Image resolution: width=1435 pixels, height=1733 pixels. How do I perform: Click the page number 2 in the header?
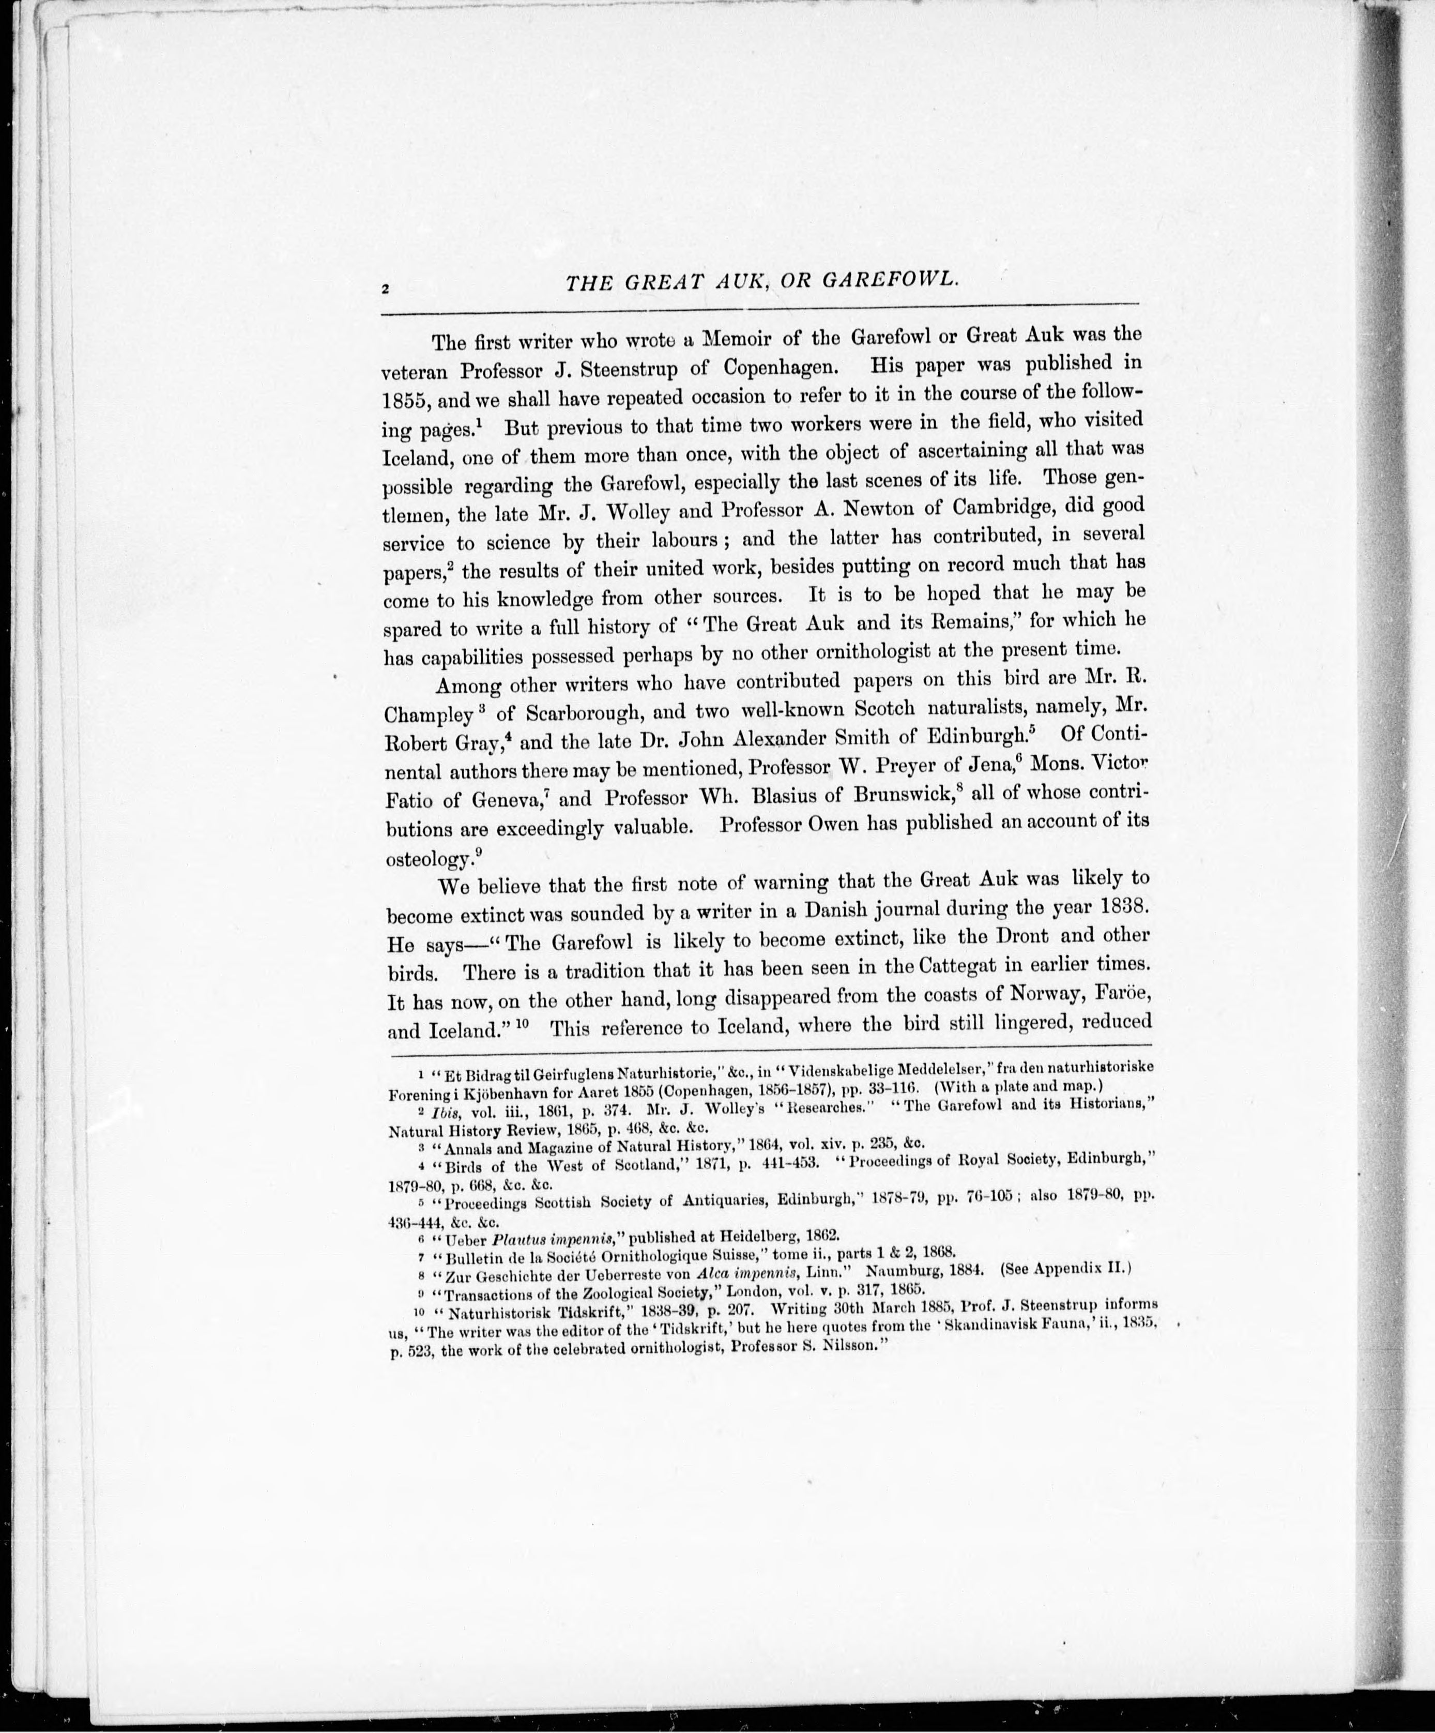coord(385,290)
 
